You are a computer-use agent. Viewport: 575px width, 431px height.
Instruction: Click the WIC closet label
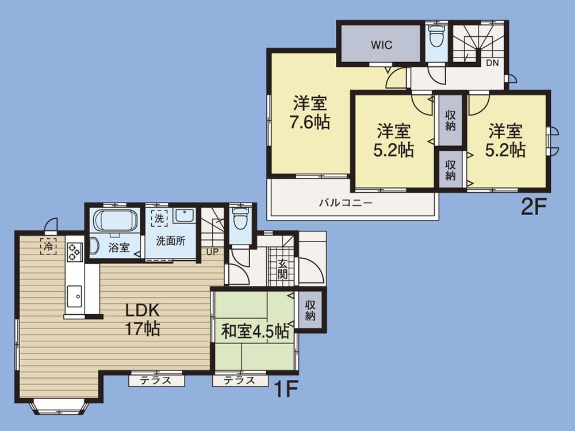pos(381,44)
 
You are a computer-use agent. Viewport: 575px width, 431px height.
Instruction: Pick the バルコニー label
pos(346,203)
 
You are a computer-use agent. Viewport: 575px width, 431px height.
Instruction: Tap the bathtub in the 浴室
pos(115,220)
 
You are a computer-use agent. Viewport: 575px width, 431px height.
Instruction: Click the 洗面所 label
pos(172,242)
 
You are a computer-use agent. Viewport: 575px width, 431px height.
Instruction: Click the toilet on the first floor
pos(240,219)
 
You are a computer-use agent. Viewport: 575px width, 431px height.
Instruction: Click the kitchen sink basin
pos(75,296)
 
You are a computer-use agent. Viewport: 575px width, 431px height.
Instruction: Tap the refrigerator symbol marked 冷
pos(48,246)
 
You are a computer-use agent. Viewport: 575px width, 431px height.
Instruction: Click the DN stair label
pos(492,63)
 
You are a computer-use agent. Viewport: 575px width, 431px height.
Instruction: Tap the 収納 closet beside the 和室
pos(310,310)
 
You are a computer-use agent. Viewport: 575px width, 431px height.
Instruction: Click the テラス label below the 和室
pos(239,380)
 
